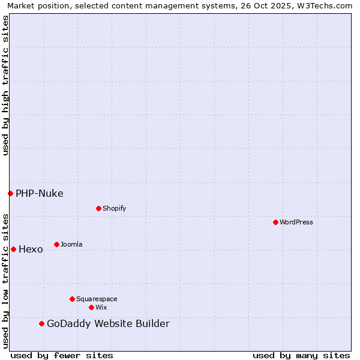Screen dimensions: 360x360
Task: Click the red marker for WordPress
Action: (x=275, y=222)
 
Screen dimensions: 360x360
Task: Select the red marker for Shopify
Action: (x=98, y=208)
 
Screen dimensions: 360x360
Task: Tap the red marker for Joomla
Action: (x=56, y=244)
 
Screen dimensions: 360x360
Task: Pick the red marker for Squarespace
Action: (x=72, y=299)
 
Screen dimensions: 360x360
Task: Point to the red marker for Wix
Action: (x=91, y=307)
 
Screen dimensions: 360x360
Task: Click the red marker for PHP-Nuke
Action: (x=10, y=193)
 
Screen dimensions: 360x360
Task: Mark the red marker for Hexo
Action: (x=13, y=249)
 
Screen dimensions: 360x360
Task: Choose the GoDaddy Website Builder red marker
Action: (x=41, y=324)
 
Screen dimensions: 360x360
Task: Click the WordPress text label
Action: (x=296, y=222)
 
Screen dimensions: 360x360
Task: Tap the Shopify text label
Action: (x=115, y=208)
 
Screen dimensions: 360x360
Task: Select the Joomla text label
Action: (x=71, y=244)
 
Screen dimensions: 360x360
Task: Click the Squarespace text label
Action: (x=97, y=299)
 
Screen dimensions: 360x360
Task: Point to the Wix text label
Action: (x=101, y=307)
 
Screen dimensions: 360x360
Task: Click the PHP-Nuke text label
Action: (x=40, y=193)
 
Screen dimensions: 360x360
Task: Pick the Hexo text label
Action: (x=31, y=250)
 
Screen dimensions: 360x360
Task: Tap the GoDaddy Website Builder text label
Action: (x=108, y=324)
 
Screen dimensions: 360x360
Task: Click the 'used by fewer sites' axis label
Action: (x=62, y=355)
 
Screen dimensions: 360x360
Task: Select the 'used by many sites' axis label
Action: (x=301, y=355)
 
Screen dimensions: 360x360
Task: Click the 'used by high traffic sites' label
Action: (x=5, y=85)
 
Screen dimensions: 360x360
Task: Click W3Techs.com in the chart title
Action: (x=322, y=5)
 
